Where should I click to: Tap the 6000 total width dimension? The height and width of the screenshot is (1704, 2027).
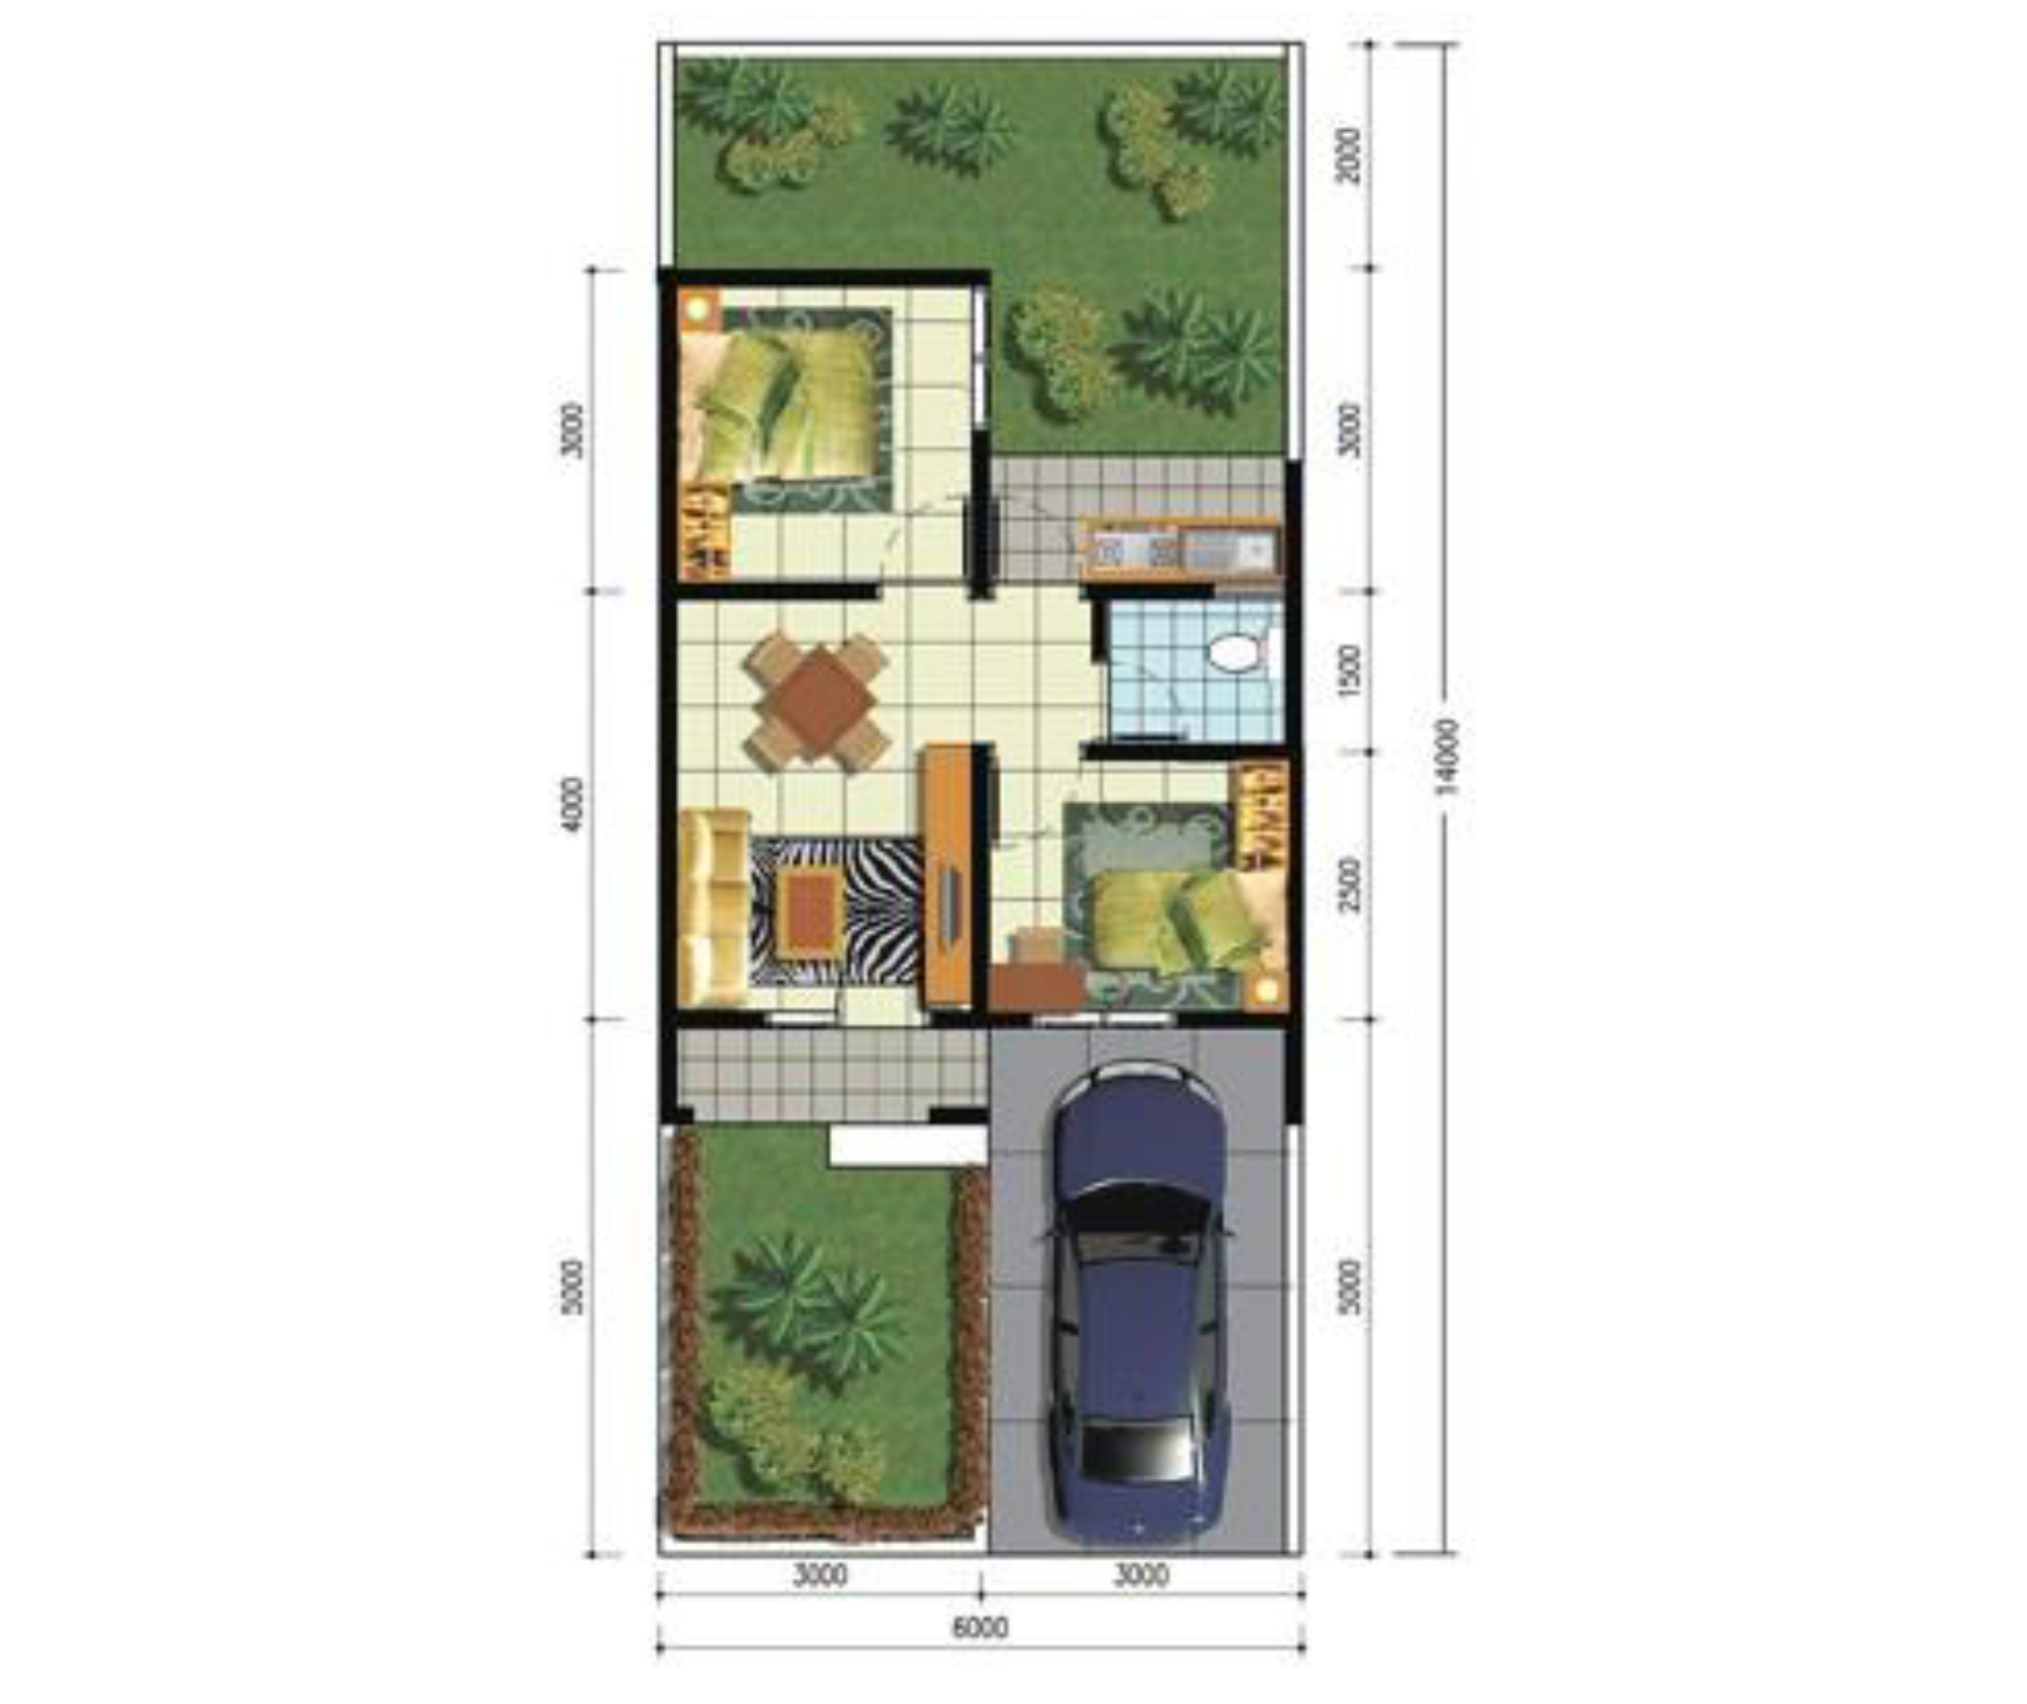click(x=980, y=1628)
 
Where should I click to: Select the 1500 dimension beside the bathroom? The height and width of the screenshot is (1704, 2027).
click(x=1349, y=670)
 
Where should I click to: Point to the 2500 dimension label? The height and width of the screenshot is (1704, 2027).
click(x=1349, y=885)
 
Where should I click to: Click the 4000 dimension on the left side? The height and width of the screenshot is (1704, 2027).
click(x=573, y=805)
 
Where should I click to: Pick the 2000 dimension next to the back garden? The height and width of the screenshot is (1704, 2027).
click(x=1349, y=155)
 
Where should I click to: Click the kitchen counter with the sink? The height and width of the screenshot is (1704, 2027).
click(x=1178, y=549)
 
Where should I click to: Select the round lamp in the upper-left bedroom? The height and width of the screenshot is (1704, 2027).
click(x=699, y=308)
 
